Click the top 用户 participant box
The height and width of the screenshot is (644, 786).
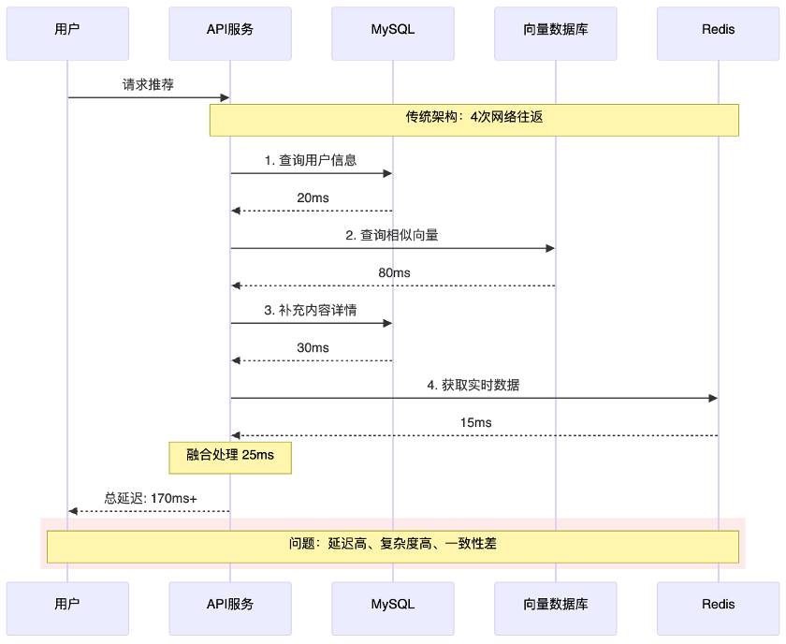pos(67,29)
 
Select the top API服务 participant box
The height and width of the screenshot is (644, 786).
pos(230,29)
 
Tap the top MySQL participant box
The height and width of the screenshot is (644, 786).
pos(392,29)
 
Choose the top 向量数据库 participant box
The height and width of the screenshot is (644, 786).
pos(555,29)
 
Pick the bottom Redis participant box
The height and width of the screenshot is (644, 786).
pos(718,604)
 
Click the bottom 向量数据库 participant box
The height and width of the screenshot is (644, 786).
pos(555,604)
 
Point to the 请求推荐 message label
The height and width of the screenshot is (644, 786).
pos(148,84)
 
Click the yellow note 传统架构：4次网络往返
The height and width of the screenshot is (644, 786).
pos(474,119)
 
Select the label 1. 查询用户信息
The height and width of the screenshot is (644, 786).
pos(311,160)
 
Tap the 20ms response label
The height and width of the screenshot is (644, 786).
pos(313,198)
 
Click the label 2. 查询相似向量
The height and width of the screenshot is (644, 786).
pos(392,235)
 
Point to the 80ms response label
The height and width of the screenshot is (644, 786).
pos(394,272)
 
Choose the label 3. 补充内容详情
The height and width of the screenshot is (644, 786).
pos(311,310)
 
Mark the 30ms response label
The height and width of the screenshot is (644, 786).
pos(313,347)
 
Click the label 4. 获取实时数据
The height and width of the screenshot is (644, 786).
pos(473,385)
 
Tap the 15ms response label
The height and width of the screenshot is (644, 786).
pos(475,422)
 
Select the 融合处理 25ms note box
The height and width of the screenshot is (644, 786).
pos(230,456)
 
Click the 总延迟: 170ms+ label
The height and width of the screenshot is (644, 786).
pos(150,498)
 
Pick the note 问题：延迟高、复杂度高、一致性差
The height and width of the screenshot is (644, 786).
pos(393,544)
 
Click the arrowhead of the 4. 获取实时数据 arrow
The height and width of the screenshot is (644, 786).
pos(713,398)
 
